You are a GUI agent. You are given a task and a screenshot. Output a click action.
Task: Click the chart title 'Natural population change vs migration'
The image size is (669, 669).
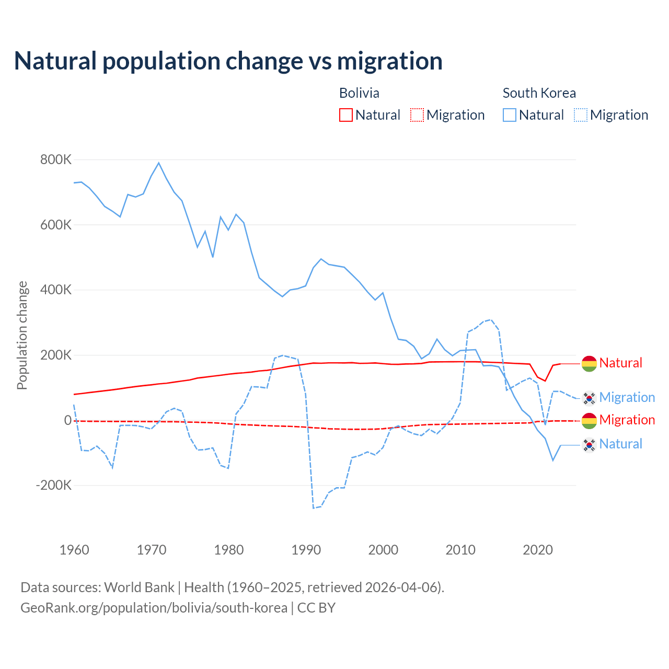point(228,61)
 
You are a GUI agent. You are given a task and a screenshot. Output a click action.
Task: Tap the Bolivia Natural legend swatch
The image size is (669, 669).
point(346,115)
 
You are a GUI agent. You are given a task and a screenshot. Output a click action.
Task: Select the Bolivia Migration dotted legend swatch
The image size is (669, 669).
point(417,115)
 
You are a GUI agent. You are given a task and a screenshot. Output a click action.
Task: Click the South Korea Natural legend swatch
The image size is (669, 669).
point(510,115)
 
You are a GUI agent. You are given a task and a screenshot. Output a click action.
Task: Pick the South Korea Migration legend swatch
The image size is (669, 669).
point(581,115)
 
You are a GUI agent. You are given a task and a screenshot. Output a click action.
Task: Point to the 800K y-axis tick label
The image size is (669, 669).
point(55,160)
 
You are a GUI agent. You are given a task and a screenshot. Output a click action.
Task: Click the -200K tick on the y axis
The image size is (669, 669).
point(53,486)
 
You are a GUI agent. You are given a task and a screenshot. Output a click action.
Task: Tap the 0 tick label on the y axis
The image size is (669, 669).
point(67,420)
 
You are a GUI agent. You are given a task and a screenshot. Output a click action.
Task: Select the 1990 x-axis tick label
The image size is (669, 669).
point(306,550)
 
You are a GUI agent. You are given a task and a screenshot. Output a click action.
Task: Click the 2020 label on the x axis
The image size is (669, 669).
point(538,550)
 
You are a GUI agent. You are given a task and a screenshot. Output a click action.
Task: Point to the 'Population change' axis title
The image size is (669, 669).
point(22,336)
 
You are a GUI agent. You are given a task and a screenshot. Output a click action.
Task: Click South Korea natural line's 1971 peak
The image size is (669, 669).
point(159,163)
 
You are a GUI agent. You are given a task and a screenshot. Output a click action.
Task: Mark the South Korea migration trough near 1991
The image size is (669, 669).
point(314,507)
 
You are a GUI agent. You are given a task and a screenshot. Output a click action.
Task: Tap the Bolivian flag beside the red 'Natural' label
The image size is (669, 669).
point(589,363)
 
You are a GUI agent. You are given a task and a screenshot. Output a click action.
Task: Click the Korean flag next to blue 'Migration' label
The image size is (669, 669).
point(589,398)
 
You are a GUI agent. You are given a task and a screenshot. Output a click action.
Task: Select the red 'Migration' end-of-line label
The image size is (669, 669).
point(627,420)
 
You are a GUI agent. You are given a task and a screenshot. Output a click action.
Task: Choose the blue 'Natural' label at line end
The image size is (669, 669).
point(621,444)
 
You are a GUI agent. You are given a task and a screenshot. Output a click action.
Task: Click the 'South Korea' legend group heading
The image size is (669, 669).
point(539,93)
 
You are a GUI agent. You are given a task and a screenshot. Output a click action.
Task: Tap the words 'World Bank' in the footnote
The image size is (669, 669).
point(139,587)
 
